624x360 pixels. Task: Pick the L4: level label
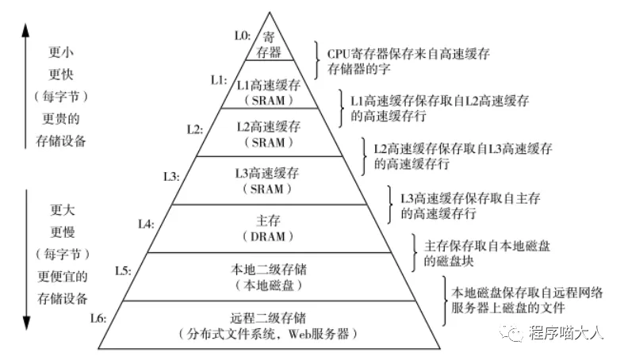[x=146, y=224]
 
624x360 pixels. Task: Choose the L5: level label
[x=122, y=271]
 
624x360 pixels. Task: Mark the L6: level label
[x=98, y=319]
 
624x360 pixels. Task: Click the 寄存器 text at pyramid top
[x=269, y=44]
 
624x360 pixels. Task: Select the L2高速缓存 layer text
[x=269, y=126]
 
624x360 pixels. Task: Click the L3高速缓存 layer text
[x=269, y=173]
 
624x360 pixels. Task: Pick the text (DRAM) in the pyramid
[x=269, y=237]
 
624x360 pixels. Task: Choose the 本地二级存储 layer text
[x=269, y=269]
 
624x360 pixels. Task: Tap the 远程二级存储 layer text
[x=269, y=316]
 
